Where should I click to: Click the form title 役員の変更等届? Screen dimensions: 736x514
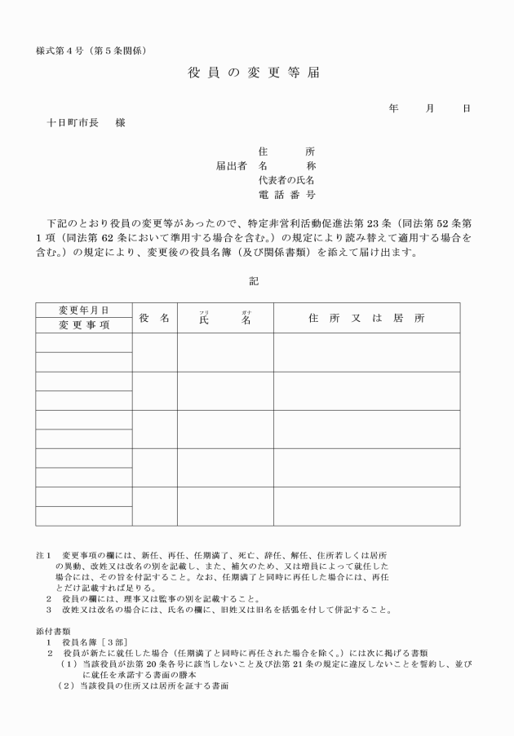pos(254,73)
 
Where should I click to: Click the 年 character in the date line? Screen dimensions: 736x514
pos(393,108)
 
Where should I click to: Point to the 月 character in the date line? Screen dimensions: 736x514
pos(430,108)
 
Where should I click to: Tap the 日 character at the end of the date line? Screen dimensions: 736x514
pos(466,108)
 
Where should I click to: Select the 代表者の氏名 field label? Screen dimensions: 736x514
pos(286,180)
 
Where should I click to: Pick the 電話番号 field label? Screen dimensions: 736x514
pos(286,195)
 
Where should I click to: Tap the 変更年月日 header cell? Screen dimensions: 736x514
pos(83,311)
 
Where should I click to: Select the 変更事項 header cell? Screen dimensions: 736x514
pos(83,324)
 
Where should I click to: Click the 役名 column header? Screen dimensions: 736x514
pos(154,318)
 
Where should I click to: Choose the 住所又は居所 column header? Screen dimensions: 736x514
pos(366,318)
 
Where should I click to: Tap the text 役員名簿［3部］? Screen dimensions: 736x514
pos(95,641)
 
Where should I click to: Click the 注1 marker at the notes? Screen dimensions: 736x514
pos(44,555)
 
